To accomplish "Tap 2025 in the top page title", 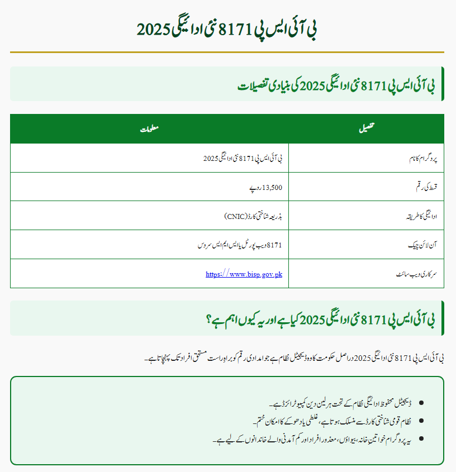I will (154, 29).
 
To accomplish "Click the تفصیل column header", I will (366, 129).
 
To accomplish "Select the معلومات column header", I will (149, 129).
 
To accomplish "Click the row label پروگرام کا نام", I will (419, 159).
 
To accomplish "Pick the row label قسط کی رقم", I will (423, 188).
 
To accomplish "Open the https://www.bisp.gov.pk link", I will (244, 274).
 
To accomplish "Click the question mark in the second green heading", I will (208, 320).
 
